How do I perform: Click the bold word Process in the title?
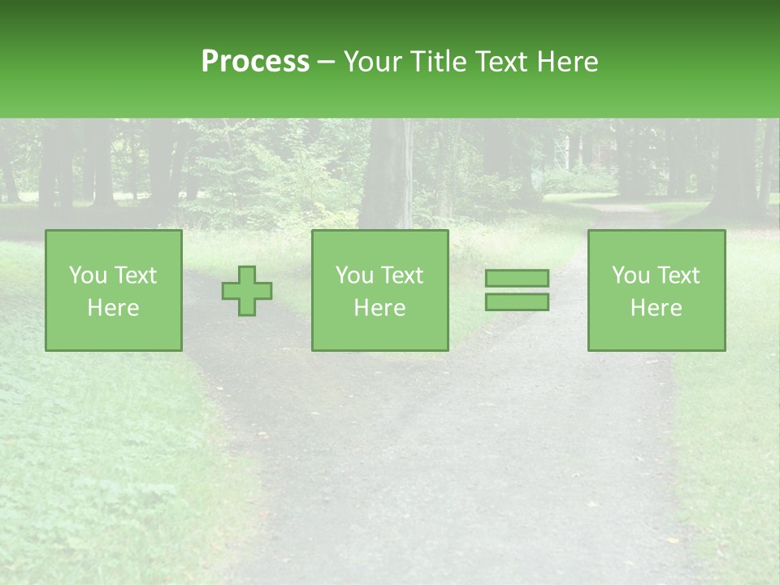(x=255, y=62)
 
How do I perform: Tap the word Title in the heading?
(x=443, y=62)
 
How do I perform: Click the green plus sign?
(x=247, y=291)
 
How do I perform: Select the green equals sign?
(x=517, y=290)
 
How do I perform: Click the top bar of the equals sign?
(x=517, y=279)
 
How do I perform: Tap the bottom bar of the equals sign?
(x=517, y=301)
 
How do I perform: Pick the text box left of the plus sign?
(x=113, y=290)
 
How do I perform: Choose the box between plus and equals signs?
(x=379, y=290)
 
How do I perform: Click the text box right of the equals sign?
(x=656, y=290)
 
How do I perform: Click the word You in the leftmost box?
(x=87, y=275)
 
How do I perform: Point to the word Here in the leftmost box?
(x=113, y=307)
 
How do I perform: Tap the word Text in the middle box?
(x=401, y=275)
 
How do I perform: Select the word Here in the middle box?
(x=379, y=307)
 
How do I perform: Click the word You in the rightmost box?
(x=630, y=275)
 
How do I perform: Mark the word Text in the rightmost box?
(x=678, y=275)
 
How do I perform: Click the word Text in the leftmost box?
(x=135, y=275)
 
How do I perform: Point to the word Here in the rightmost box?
(x=656, y=307)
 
